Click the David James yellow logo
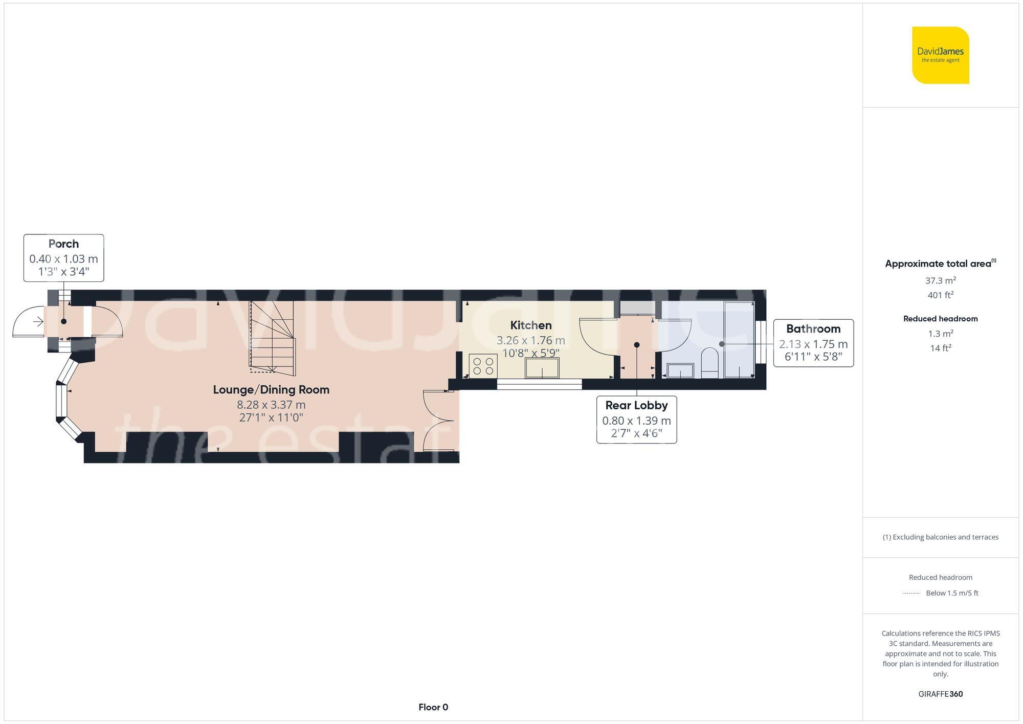pyautogui.click(x=940, y=55)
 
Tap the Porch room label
pyautogui.click(x=63, y=244)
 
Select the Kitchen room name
pyautogui.click(x=531, y=325)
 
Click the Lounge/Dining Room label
pyautogui.click(x=271, y=390)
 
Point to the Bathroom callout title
pyautogui.click(x=813, y=329)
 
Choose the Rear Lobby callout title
pyautogui.click(x=636, y=406)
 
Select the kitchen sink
pyautogui.click(x=542, y=368)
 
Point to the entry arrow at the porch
pyautogui.click(x=38, y=322)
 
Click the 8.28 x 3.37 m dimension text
pyautogui.click(x=271, y=405)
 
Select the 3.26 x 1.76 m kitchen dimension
pyautogui.click(x=531, y=341)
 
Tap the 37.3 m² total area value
pyautogui.click(x=940, y=280)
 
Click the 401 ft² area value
pyautogui.click(x=940, y=295)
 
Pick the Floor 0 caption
pyautogui.click(x=433, y=708)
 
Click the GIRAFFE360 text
pyautogui.click(x=940, y=694)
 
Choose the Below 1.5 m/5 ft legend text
pyautogui.click(x=952, y=594)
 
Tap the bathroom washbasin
pyautogui.click(x=680, y=370)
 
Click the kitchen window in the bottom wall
pyautogui.click(x=539, y=384)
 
